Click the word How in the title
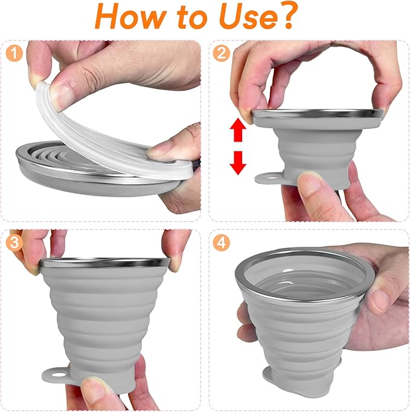point(133,18)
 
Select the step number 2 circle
point(222,53)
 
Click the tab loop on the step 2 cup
point(266,178)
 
